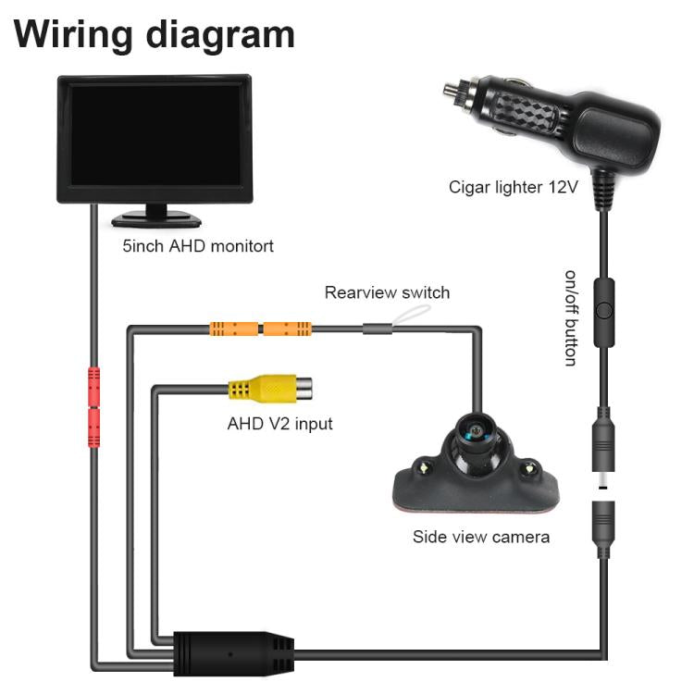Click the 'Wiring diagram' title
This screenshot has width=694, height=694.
coord(155,34)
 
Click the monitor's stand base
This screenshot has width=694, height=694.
coord(156,219)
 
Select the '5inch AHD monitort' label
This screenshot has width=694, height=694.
coord(198,247)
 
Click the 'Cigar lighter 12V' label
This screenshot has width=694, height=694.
coord(513,187)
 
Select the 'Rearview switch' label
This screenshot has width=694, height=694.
coord(387,293)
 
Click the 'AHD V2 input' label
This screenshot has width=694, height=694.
coord(279,425)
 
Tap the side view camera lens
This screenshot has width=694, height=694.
coord(476,432)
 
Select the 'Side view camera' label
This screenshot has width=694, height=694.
coord(481,537)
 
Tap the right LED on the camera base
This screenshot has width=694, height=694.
coord(530,467)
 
